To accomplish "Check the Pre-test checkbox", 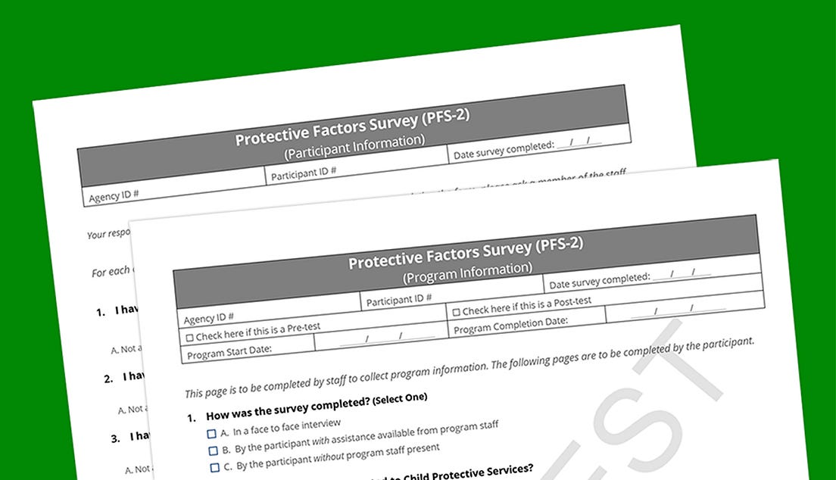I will pos(190,337).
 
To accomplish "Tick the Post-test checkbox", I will pos(457,312).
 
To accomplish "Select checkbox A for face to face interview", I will pos(211,434).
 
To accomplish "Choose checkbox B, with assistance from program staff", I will pos(214,451).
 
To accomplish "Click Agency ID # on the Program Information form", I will pos(209,316).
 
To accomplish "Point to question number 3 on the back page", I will pos(115,438).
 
